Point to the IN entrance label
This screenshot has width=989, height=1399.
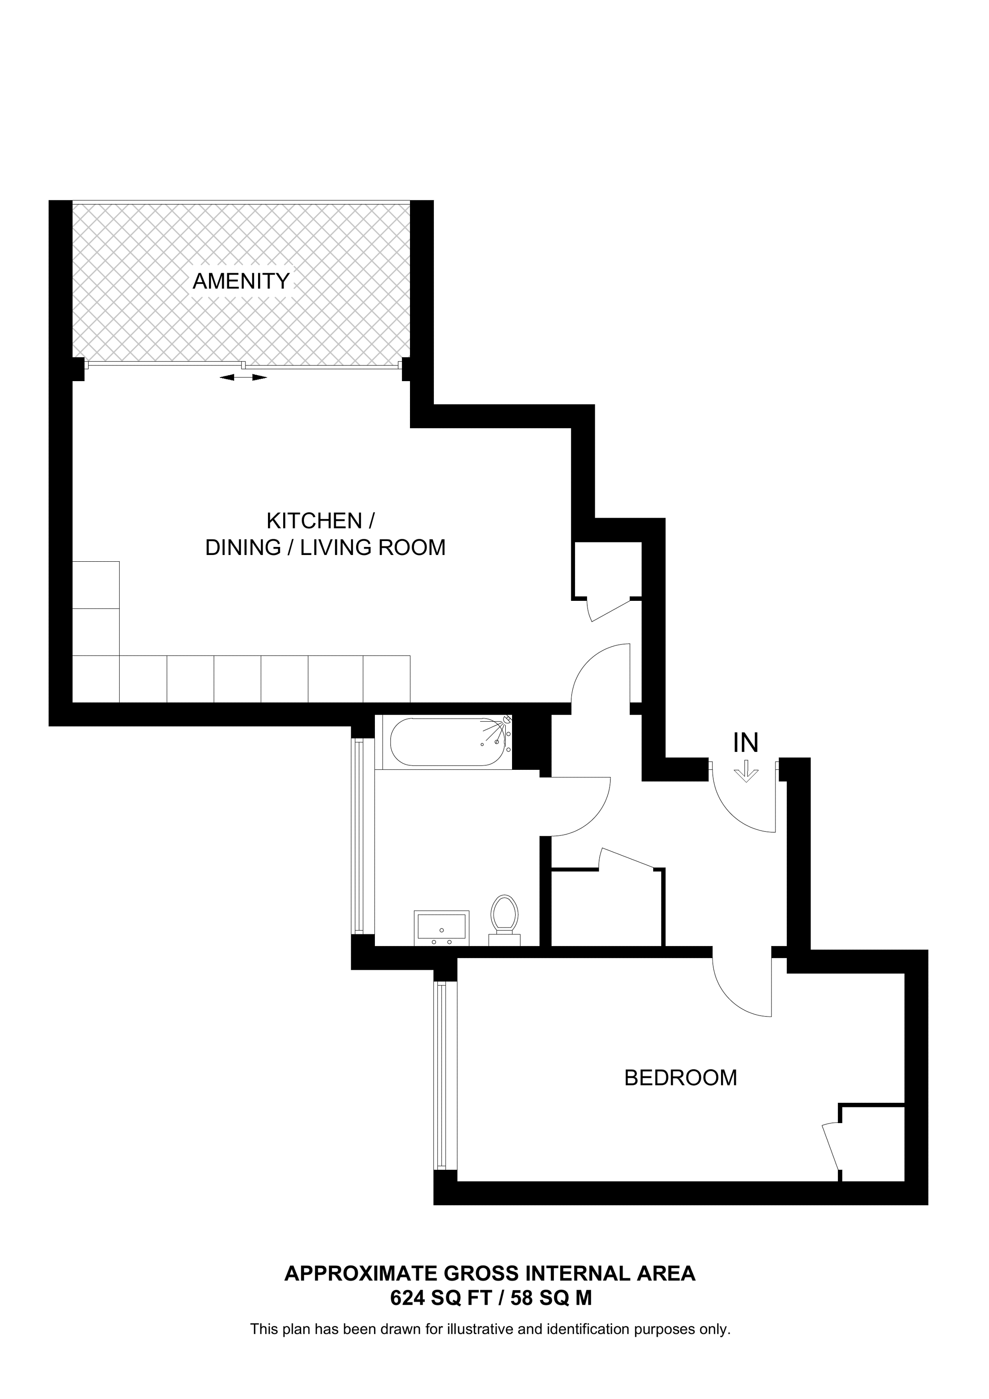pos(745,743)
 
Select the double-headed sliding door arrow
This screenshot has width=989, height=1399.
pos(243,378)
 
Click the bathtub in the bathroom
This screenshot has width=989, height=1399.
pos(448,742)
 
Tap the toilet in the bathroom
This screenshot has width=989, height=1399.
pos(504,920)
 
